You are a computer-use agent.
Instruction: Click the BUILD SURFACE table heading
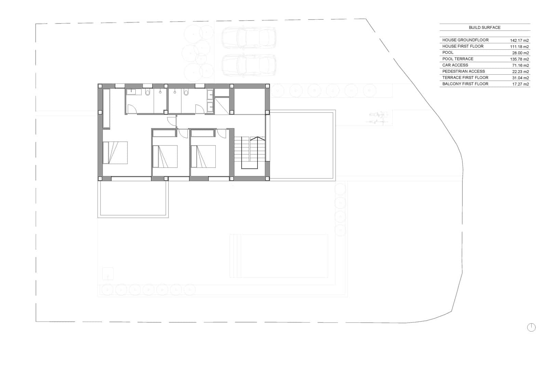(484, 27)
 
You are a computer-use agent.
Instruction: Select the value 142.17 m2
(519, 40)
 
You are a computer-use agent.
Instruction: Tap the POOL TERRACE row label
(458, 59)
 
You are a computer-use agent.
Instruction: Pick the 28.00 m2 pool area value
(520, 53)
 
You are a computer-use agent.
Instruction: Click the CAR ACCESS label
(455, 65)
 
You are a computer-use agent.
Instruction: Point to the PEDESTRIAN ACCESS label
(463, 71)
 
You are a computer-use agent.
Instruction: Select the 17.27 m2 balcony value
(520, 84)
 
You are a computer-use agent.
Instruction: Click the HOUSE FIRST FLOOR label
(463, 46)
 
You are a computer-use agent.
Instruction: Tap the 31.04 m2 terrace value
(520, 78)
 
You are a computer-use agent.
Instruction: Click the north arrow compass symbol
(531, 327)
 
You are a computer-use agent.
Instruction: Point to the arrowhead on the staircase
(257, 139)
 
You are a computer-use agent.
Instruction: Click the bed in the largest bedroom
(115, 153)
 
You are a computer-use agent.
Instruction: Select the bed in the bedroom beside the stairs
(203, 156)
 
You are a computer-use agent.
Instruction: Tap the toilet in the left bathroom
(148, 92)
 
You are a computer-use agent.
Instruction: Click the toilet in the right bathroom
(186, 92)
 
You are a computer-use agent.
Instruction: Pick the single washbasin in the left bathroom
(132, 92)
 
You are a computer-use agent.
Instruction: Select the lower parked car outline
(249, 65)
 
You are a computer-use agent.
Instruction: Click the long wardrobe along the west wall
(106, 108)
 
